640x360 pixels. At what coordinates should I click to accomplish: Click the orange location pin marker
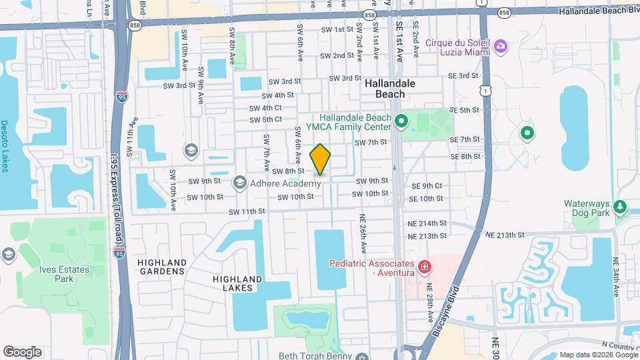click(x=320, y=159)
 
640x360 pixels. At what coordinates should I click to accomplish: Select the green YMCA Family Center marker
click(x=401, y=121)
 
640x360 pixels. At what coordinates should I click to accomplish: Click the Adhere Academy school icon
click(x=239, y=182)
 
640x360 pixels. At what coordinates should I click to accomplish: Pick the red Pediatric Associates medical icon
click(x=423, y=268)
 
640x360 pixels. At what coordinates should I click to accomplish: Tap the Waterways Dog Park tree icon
click(x=621, y=207)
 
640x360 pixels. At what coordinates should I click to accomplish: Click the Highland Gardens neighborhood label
click(x=161, y=267)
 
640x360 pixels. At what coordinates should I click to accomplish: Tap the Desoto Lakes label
click(x=5, y=146)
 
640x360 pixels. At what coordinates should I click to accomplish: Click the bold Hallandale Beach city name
click(x=390, y=89)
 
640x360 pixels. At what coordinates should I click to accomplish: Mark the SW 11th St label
click(x=247, y=211)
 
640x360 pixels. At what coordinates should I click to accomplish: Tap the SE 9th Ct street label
click(x=427, y=186)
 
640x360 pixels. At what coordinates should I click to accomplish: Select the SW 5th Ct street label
click(x=265, y=120)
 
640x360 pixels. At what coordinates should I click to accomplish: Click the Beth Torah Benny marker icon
click(x=362, y=355)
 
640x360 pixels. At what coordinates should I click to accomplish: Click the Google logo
click(x=22, y=351)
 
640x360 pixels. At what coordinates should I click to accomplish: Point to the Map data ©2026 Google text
click(x=597, y=354)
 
